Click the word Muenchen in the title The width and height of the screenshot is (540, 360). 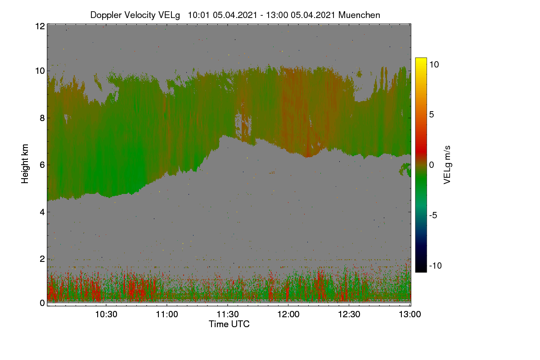click(359, 15)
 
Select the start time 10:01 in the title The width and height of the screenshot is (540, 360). click(198, 15)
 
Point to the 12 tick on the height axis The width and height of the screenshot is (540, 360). click(40, 26)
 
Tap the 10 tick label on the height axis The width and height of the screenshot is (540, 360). click(40, 71)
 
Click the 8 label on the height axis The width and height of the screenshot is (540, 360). click(42, 118)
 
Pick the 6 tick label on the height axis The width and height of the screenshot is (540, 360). click(42, 165)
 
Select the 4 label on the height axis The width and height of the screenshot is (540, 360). click(42, 212)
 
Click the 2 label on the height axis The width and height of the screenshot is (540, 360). click(42, 259)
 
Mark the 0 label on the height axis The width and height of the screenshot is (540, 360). click(42, 303)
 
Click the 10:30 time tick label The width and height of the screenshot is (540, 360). click(106, 315)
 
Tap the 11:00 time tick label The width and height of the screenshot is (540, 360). click(167, 315)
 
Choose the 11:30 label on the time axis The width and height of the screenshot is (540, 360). click(228, 315)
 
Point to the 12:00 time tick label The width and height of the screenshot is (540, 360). click(288, 315)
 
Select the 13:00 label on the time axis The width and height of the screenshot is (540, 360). click(410, 315)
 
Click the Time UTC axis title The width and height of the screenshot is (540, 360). click(229, 324)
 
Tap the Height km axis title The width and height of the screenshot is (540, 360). click(25, 164)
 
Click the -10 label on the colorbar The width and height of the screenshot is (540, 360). click(436, 265)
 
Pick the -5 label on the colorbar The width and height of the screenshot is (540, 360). click(433, 215)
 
